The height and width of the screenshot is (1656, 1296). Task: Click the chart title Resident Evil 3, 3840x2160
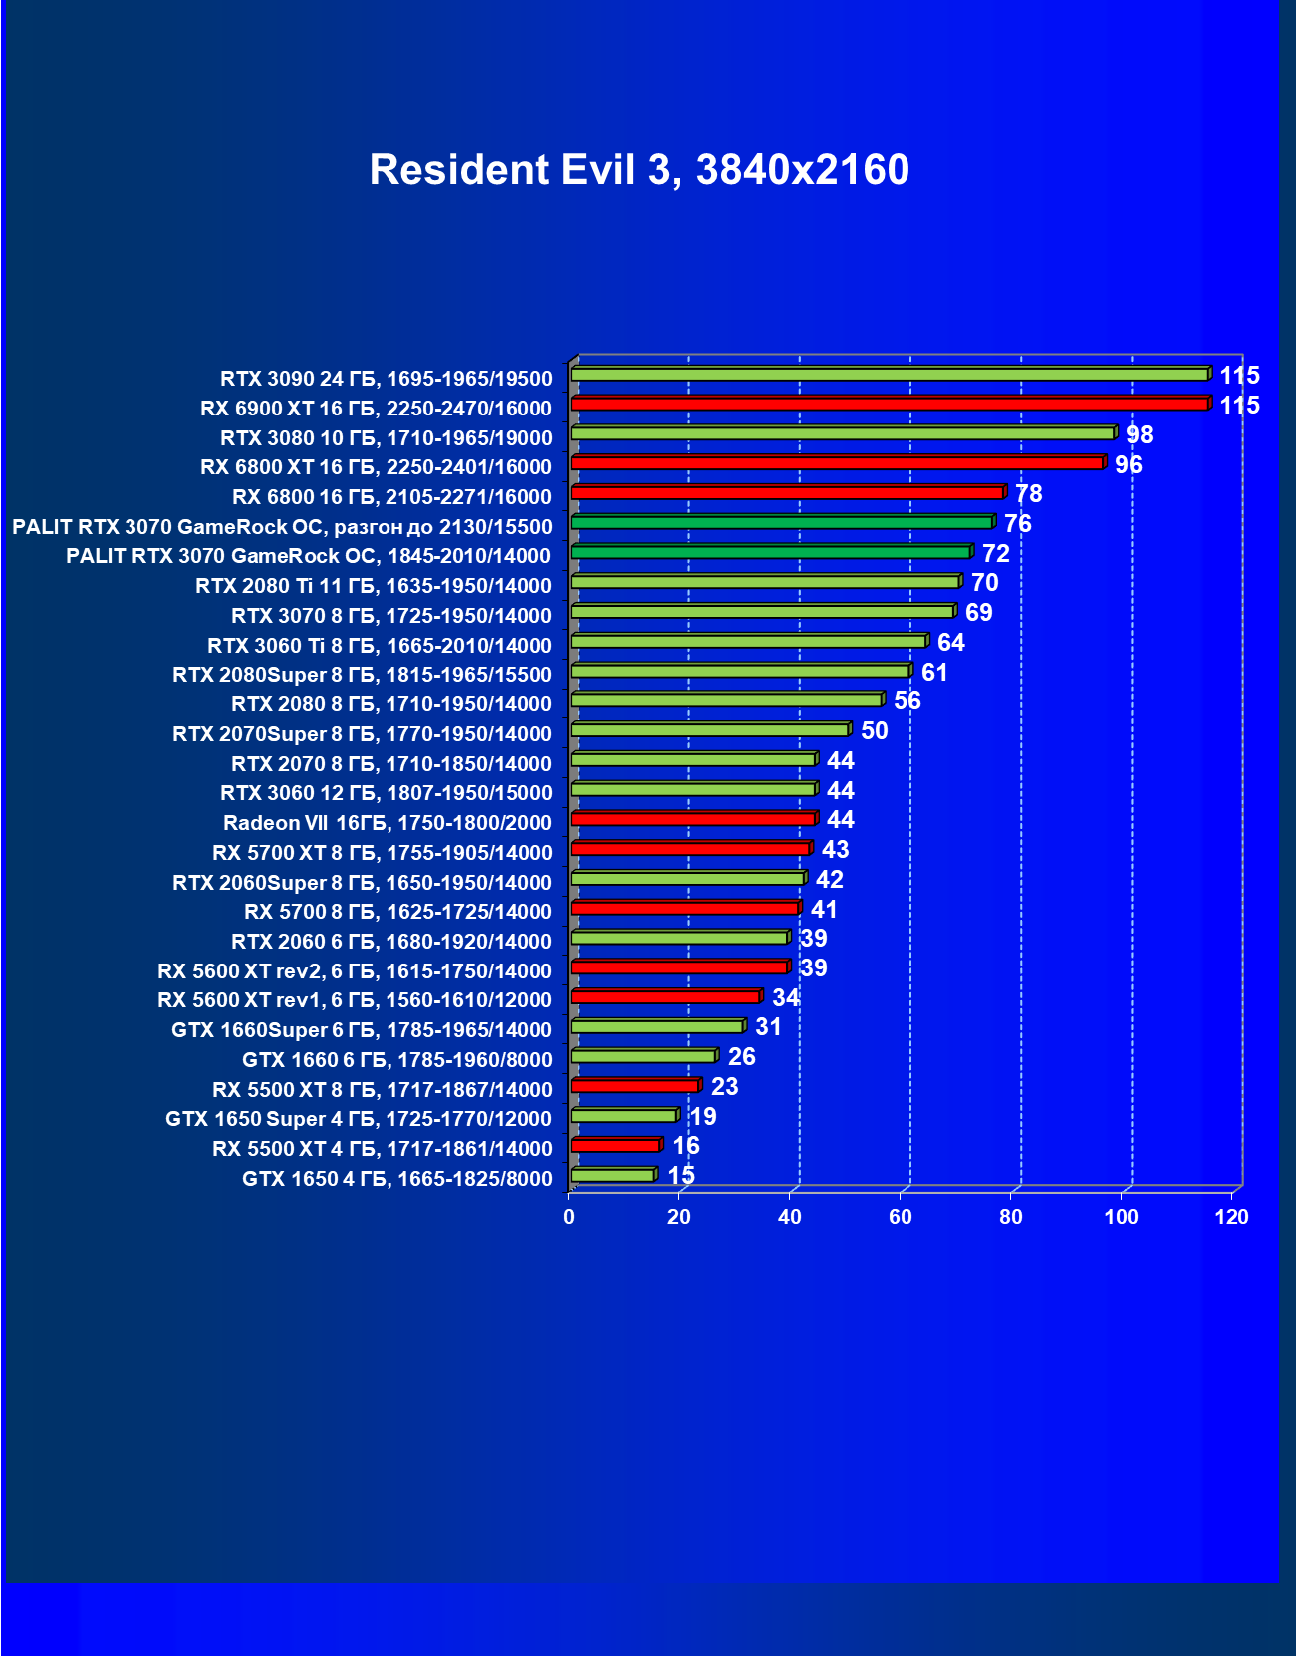(639, 170)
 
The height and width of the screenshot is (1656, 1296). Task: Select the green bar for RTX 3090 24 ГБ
(890, 375)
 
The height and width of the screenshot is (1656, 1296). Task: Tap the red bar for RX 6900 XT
(890, 404)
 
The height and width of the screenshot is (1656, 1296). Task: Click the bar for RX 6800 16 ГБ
(787, 493)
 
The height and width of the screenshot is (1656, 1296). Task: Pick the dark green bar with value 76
(782, 522)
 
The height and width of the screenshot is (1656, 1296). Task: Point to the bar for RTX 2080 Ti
(765, 582)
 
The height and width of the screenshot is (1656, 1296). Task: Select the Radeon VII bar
(693, 819)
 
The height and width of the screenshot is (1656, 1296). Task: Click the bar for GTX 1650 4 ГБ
(613, 1176)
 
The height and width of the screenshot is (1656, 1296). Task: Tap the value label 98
(1139, 435)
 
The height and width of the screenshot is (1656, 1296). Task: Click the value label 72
(995, 554)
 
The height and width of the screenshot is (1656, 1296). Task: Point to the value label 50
(874, 731)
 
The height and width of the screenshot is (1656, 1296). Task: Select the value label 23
(724, 1087)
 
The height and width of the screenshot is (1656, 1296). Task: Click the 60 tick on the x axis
(901, 1217)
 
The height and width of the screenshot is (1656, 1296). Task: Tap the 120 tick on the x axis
(1231, 1217)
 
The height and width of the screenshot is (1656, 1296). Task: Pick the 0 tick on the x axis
(569, 1217)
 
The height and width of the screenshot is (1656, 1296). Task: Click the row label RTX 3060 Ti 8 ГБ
(379, 646)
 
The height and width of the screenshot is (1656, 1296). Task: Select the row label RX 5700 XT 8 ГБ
(382, 853)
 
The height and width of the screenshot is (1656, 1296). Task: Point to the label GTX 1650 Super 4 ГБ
(358, 1119)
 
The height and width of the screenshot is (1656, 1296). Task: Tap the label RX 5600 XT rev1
(354, 1000)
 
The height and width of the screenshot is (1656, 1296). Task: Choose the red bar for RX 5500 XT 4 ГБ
(616, 1146)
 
